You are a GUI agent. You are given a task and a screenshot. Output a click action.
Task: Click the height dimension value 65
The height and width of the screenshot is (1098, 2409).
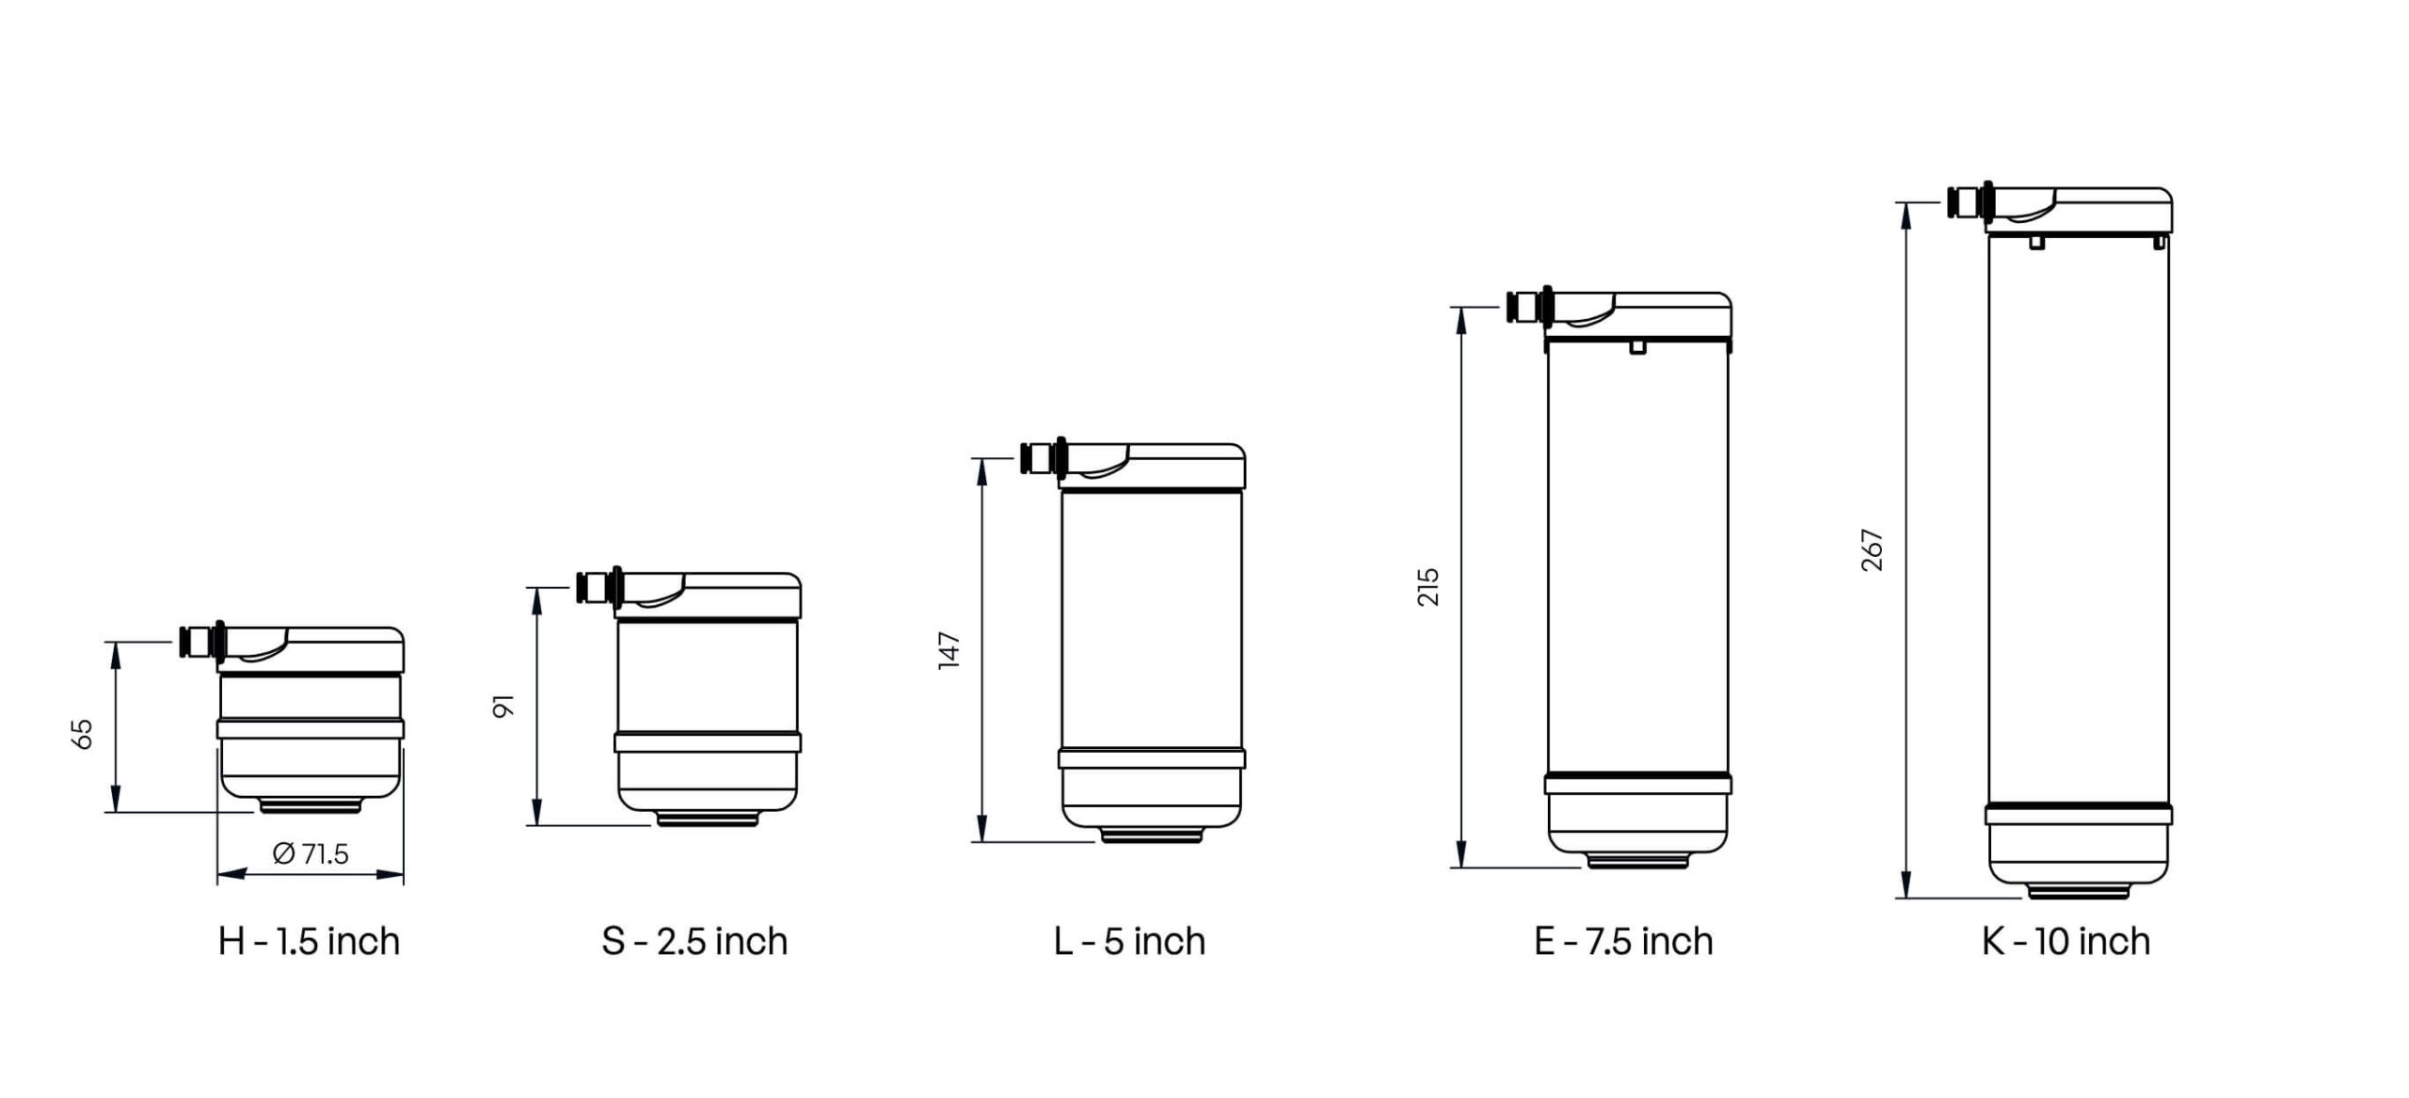pyautogui.click(x=83, y=734)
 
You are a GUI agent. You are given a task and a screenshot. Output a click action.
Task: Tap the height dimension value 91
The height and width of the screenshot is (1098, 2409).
pyautogui.click(x=504, y=707)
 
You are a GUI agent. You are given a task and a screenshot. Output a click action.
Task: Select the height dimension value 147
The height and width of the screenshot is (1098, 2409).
pyautogui.click(x=949, y=650)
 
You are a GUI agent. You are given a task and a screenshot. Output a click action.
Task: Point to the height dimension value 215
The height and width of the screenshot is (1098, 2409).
pyautogui.click(x=1428, y=587)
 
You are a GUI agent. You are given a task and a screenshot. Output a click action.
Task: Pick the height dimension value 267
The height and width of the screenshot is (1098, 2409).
pyautogui.click(x=1873, y=550)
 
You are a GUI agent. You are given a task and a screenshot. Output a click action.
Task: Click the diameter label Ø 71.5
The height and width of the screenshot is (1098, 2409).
pyautogui.click(x=311, y=853)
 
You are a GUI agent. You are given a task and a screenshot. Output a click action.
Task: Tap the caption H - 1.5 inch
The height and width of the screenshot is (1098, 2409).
pyautogui.click(x=310, y=941)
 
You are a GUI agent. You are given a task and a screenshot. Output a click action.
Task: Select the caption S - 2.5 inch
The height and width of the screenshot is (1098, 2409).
pyautogui.click(x=694, y=941)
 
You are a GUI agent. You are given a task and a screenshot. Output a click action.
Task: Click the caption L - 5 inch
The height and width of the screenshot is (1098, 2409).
pyautogui.click(x=1129, y=941)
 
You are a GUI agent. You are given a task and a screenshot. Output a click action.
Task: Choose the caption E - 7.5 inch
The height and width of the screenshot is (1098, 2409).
pyautogui.click(x=1623, y=941)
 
